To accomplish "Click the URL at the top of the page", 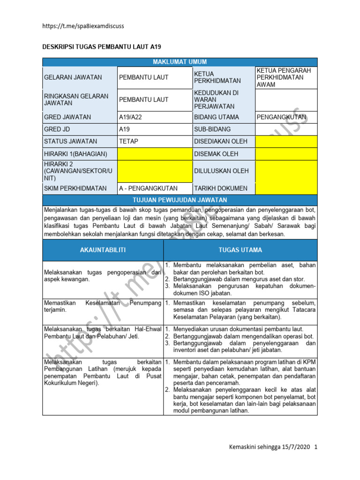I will (x=83, y=26).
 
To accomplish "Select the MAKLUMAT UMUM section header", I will (x=180, y=62).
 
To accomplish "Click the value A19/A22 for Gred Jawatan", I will (x=132, y=117).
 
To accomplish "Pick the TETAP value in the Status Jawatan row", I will (x=128, y=141).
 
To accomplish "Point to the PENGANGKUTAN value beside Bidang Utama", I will (x=281, y=117).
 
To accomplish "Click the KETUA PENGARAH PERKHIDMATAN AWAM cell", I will (x=286, y=77).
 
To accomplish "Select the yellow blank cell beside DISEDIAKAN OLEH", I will (x=286, y=141).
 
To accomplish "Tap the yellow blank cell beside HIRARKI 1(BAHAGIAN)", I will (x=154, y=154).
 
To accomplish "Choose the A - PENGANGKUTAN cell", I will (x=148, y=188).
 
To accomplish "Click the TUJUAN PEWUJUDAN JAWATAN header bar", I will (x=180, y=200).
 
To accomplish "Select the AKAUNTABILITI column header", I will (x=103, y=250).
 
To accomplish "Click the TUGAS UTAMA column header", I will (x=240, y=250).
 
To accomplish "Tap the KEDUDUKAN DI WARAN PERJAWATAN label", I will (x=217, y=100).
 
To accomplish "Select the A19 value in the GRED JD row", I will (x=124, y=129).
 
